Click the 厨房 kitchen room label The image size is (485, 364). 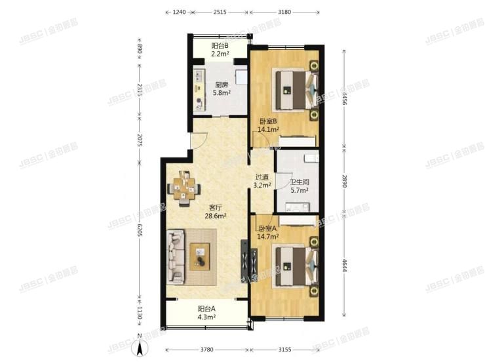point(222,85)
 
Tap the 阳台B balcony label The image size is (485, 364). point(220,46)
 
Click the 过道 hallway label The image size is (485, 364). point(263,177)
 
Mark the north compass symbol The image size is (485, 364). point(139,350)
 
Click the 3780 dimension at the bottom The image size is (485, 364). point(206,349)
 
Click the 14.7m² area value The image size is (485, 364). point(267,237)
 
